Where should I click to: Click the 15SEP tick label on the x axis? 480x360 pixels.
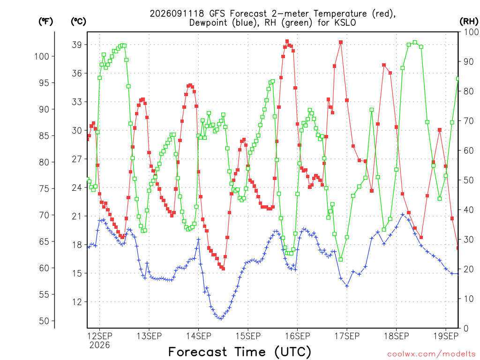(x=248, y=336)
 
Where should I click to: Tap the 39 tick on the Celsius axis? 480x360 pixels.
(x=77, y=45)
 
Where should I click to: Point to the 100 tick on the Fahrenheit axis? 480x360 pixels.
(x=42, y=56)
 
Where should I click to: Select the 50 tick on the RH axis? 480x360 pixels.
(x=469, y=180)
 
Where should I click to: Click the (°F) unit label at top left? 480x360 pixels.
(x=45, y=22)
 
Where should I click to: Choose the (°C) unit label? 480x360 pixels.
(x=78, y=22)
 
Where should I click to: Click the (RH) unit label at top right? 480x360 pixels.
(x=469, y=22)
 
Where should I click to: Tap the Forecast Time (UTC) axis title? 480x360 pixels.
(x=240, y=352)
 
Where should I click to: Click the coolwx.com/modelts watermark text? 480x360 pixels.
(x=431, y=354)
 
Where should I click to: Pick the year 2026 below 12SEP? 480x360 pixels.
(x=99, y=345)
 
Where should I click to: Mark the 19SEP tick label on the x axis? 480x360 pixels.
(x=446, y=336)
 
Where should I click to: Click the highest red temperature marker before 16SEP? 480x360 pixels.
(x=287, y=41)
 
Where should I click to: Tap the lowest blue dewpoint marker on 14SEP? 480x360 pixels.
(x=221, y=319)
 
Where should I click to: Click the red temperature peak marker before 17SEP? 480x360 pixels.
(x=341, y=42)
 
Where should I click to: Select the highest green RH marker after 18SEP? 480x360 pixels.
(x=415, y=43)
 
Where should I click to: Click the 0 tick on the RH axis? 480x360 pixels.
(x=466, y=329)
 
